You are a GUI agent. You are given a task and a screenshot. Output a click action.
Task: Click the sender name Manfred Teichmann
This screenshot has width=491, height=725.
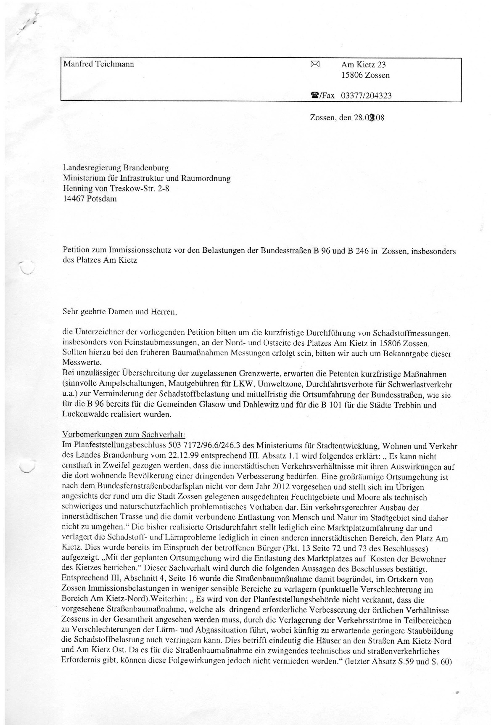tap(98, 64)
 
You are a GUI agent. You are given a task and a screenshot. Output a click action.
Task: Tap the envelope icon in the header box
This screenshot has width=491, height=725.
tap(315, 64)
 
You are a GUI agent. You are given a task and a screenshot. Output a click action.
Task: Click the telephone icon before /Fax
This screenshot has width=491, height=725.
tap(314, 95)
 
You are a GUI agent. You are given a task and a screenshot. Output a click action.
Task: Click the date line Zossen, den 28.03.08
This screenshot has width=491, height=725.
tap(347, 118)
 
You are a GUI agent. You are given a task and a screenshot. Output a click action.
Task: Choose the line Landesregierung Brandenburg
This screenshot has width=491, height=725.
tap(116, 168)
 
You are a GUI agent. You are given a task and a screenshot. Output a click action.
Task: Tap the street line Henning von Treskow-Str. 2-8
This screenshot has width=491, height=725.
tap(116, 188)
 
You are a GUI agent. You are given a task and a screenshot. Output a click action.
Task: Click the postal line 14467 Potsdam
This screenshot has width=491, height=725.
tap(90, 198)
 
